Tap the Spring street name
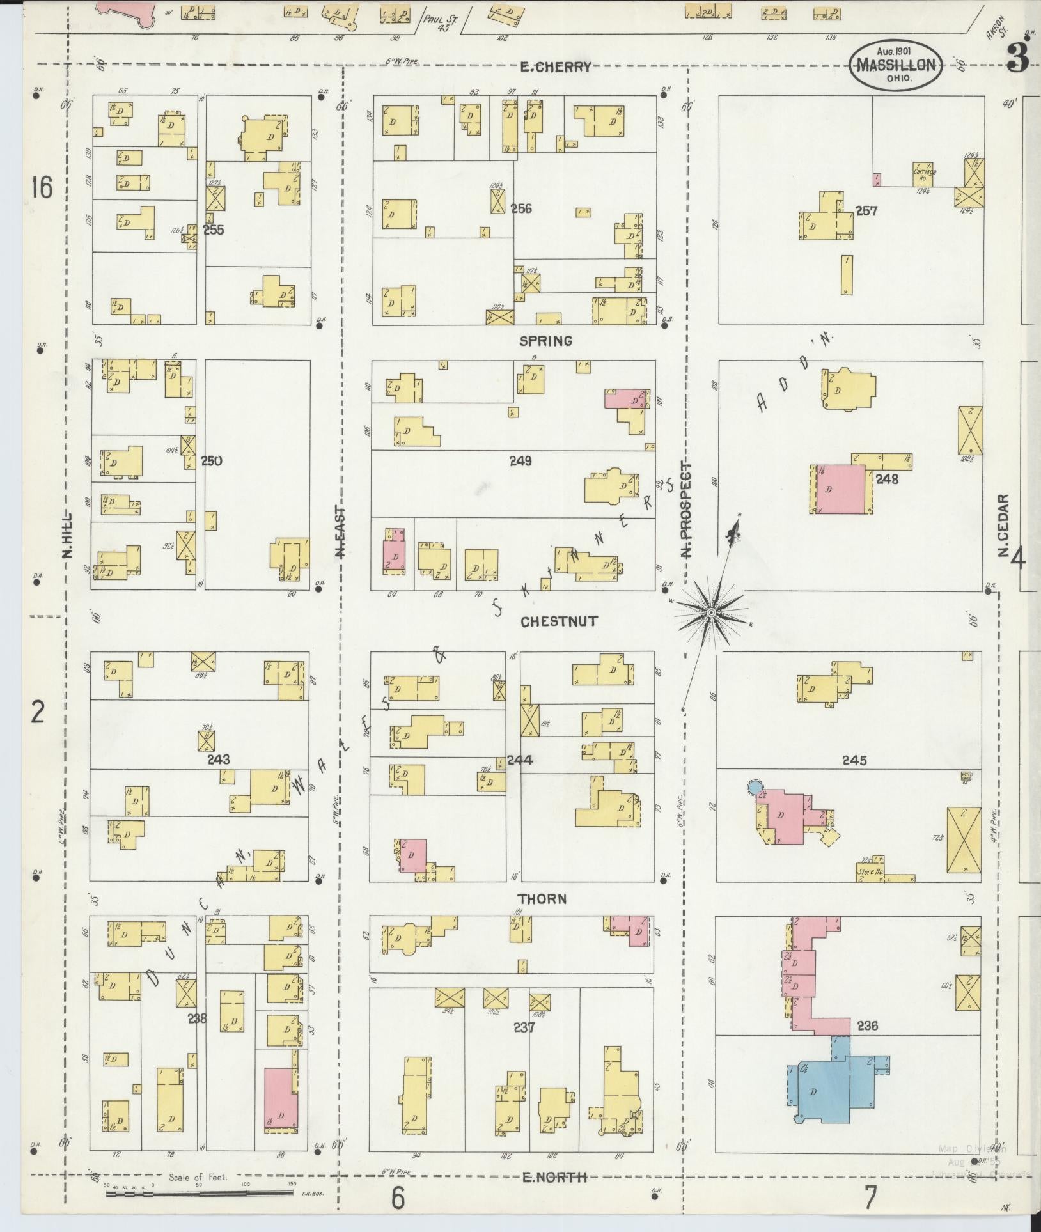[545, 341]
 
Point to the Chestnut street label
[558, 621]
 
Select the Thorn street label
[542, 899]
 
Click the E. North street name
[554, 1176]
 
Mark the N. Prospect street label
[687, 510]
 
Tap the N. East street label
[340, 532]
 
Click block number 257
[866, 211]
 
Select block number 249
[520, 460]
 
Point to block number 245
[854, 760]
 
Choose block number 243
[218, 760]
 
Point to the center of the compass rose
[710, 613]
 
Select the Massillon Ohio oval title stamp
[896, 64]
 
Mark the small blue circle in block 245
[755, 786]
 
